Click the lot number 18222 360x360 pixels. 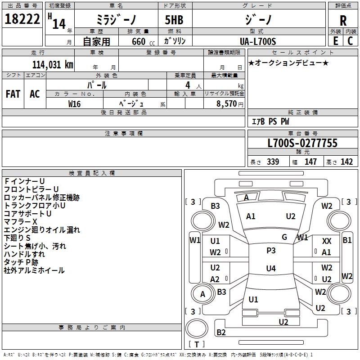[x=22, y=19]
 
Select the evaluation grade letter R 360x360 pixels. [x=343, y=21]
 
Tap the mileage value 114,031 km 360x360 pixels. [x=53, y=64]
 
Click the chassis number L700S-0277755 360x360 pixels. [x=302, y=143]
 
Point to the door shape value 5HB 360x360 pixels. [x=174, y=20]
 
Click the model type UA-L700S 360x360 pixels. [x=258, y=41]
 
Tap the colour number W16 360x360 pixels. [x=74, y=104]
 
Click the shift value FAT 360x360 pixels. [x=13, y=94]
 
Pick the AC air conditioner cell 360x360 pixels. [x=35, y=94]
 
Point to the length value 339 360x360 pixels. [x=273, y=162]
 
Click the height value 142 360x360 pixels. [x=346, y=162]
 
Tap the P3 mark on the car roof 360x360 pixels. [x=271, y=251]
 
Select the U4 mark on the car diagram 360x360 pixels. [x=271, y=268]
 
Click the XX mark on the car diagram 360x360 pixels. [x=327, y=241]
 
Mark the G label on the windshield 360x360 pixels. [x=284, y=237]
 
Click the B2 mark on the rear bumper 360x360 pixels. [x=221, y=332]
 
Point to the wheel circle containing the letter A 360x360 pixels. [x=202, y=294]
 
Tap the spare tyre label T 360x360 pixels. [x=197, y=344]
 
